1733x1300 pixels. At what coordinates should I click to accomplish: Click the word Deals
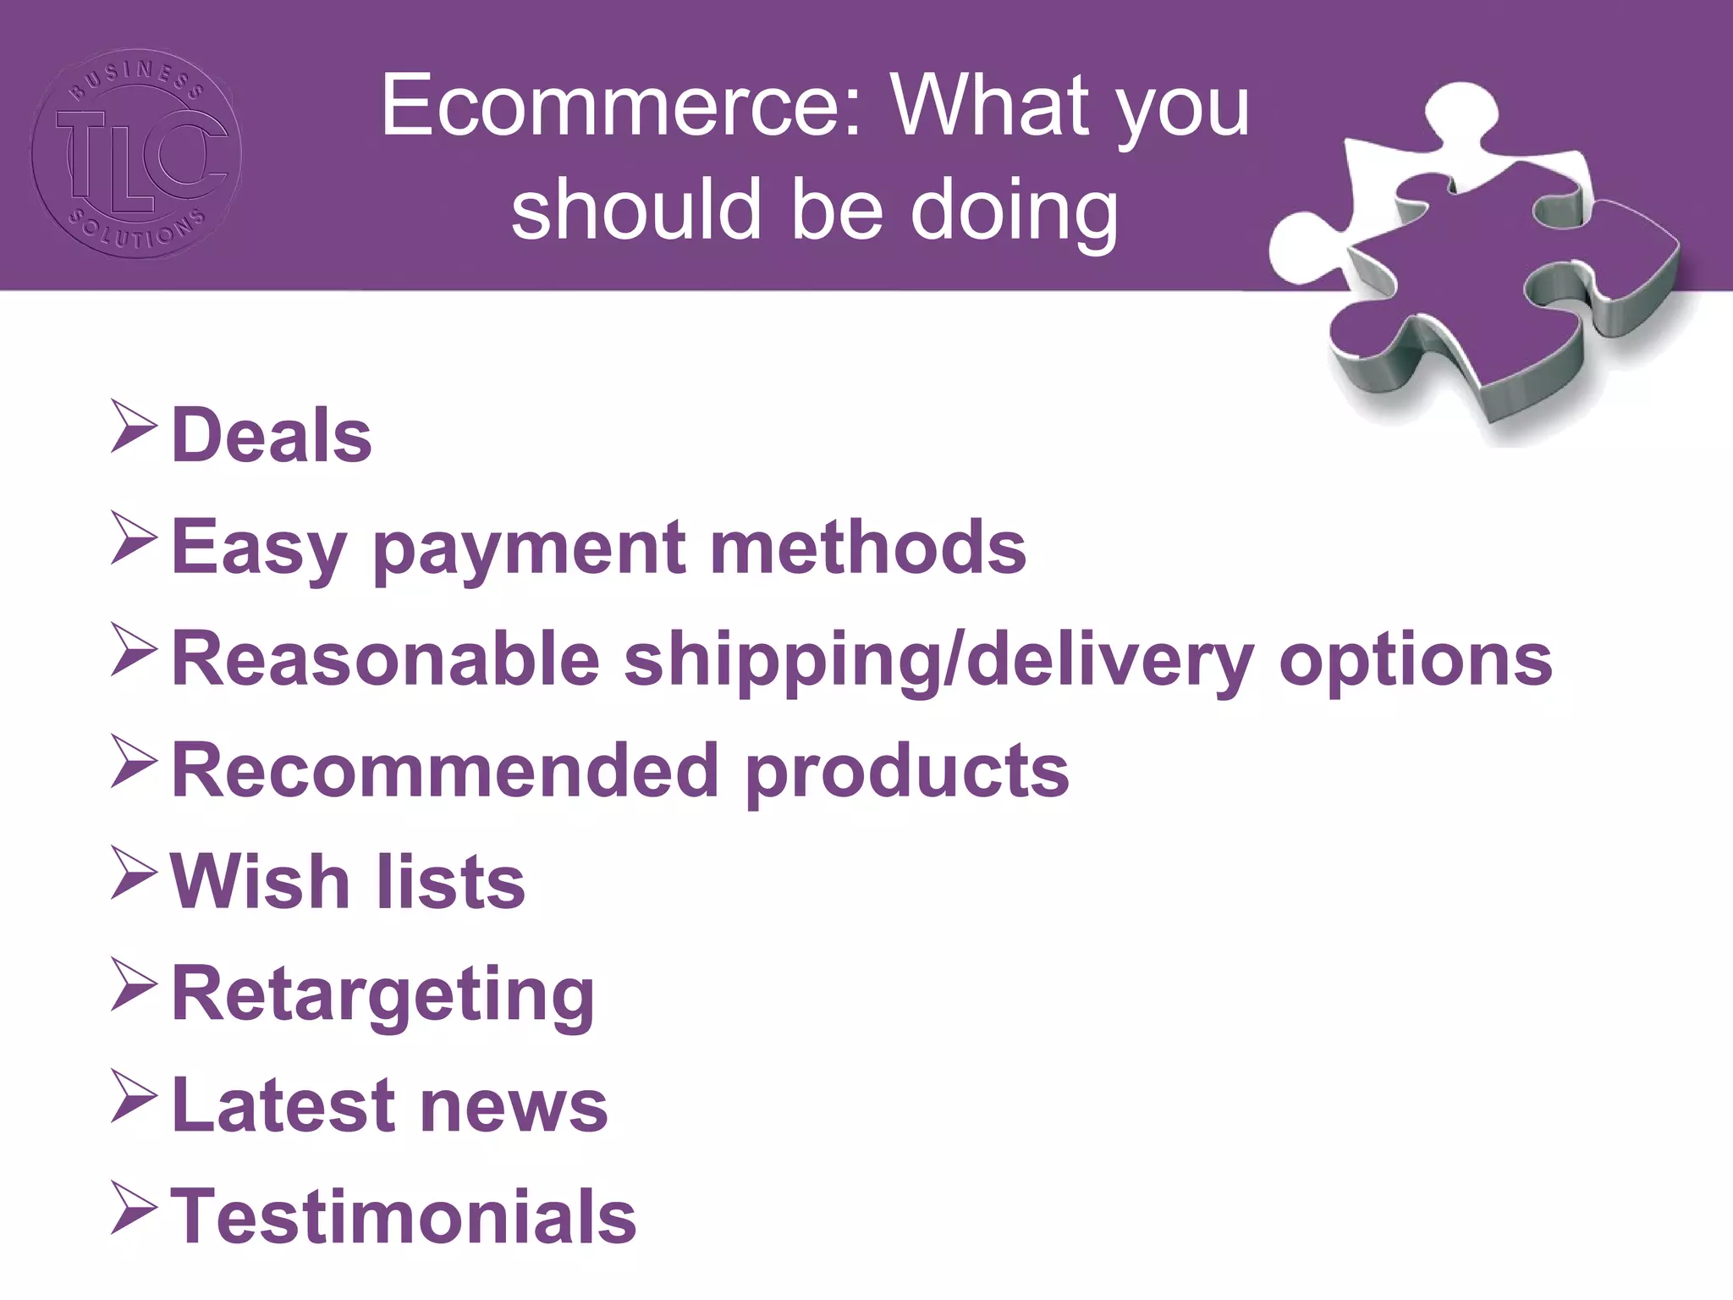pos(272,435)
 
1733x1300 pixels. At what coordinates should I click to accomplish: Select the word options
pos(1416,660)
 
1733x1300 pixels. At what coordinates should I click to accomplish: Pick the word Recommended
pos(445,770)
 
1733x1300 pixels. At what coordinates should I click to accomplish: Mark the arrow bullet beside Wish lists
pos(134,876)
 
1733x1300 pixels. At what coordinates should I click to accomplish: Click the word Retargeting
pos(383,994)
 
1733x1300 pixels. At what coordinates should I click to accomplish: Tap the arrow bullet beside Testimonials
pos(134,1210)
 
